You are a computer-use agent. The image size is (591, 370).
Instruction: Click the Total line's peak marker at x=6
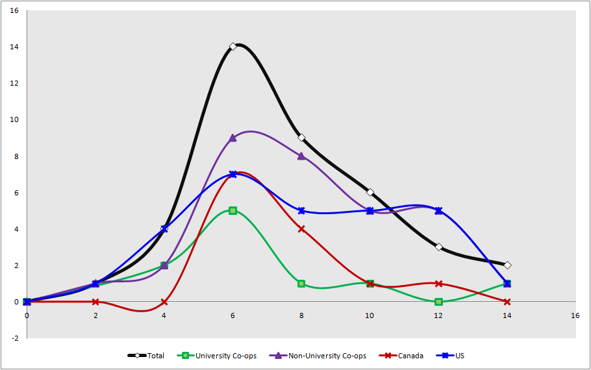233,47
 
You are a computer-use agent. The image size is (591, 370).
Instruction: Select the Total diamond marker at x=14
507,265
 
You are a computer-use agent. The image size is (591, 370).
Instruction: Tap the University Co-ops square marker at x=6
233,210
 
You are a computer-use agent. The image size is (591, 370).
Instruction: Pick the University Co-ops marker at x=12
438,302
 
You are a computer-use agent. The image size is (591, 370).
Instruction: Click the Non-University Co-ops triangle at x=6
233,138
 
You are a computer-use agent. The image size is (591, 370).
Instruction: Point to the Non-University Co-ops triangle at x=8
301,156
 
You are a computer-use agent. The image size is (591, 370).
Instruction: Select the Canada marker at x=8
301,228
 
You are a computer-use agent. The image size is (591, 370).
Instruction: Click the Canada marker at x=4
164,302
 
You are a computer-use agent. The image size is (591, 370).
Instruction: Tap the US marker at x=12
438,210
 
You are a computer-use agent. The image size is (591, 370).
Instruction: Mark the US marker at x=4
164,228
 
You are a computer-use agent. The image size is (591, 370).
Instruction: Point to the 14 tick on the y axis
14,47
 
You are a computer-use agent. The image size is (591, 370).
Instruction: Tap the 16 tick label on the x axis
575,315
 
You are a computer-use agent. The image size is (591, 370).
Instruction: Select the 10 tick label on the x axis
370,315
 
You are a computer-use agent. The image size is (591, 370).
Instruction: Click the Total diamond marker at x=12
438,247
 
